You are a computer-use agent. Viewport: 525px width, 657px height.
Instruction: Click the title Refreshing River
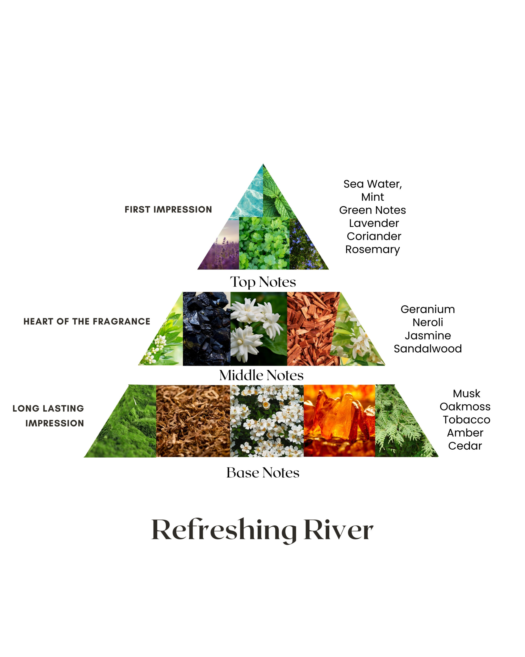point(262,530)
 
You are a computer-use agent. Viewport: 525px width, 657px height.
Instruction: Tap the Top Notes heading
point(263,282)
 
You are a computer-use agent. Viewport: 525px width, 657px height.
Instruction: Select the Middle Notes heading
point(261,375)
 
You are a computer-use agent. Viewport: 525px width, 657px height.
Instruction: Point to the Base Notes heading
point(263,473)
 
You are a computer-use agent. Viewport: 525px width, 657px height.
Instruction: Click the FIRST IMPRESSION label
point(168,210)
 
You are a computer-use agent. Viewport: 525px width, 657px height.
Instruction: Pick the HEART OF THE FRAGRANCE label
point(87,322)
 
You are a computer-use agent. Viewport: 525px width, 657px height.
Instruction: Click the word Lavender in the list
point(374,223)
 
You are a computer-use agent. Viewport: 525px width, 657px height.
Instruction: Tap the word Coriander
point(374,236)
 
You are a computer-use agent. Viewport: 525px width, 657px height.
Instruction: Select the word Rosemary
point(372,249)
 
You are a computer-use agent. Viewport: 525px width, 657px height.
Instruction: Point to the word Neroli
point(428,322)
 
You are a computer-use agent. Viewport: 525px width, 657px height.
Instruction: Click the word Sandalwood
point(428,349)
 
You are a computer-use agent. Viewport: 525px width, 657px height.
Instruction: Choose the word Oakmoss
point(465,407)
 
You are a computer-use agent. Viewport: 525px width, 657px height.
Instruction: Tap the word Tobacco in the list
point(466,420)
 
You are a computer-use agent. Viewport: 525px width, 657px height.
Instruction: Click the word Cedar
point(465,446)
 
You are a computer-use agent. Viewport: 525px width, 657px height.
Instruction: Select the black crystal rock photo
point(206,329)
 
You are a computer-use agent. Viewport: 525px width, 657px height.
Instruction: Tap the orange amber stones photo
point(339,421)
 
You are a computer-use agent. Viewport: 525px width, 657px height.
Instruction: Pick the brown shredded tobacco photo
point(193,421)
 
